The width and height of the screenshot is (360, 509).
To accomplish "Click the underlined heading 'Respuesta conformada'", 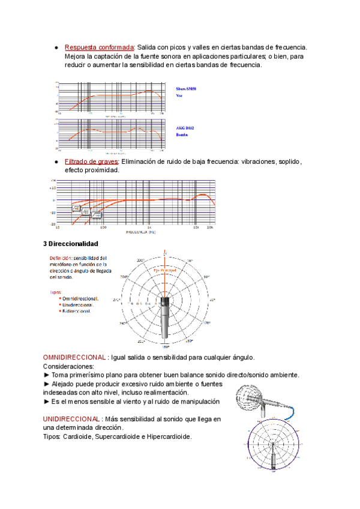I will tap(99, 47).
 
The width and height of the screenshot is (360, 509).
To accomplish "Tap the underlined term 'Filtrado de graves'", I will tap(92, 161).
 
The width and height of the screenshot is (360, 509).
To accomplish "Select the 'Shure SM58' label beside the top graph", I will tap(186, 89).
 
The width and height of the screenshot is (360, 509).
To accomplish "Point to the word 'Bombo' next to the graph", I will tap(182, 135).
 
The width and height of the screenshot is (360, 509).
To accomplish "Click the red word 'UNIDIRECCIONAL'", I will tap(71, 418).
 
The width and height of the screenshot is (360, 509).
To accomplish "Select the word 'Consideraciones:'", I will tap(69, 366).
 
